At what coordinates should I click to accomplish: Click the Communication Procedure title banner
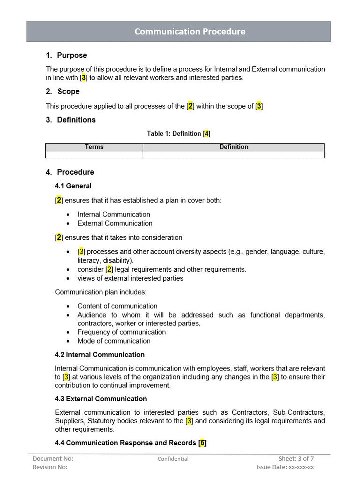coord(190,31)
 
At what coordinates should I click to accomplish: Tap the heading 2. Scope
coord(63,91)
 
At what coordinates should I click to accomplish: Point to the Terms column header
coord(94,147)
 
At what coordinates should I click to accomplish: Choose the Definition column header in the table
coord(233,147)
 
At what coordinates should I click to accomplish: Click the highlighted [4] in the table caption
coord(207,134)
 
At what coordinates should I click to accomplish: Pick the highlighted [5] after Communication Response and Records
coord(202,443)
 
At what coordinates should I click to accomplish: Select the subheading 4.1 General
coord(73,186)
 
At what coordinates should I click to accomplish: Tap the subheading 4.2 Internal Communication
coord(100,354)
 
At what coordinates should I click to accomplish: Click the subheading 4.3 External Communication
coord(101,399)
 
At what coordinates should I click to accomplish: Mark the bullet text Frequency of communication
coord(121,332)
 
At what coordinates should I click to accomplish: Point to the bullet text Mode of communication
coord(114,341)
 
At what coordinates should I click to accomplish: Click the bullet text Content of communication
coord(117,306)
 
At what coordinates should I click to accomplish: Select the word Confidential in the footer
coord(173,459)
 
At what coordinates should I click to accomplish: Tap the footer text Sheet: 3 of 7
coord(296,458)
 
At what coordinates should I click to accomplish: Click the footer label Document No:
coord(53,458)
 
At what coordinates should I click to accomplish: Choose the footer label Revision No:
coord(50,467)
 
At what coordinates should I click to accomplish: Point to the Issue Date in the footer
coord(285,467)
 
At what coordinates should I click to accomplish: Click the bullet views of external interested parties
coord(130,278)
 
